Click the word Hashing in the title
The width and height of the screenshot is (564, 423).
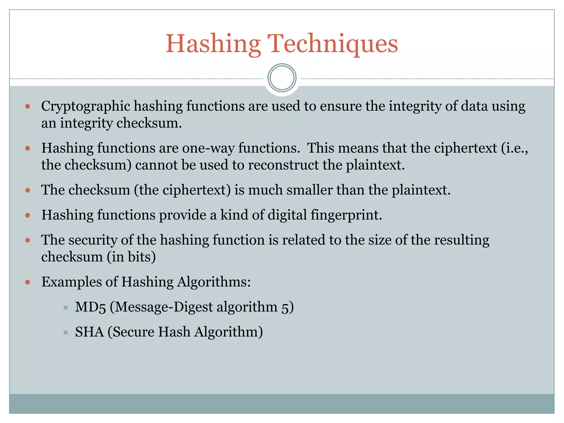click(213, 44)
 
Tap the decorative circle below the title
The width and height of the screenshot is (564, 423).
click(282, 78)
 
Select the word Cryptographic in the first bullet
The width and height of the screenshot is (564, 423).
click(85, 107)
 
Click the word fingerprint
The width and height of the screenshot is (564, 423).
click(346, 215)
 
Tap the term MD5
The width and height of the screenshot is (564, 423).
click(90, 307)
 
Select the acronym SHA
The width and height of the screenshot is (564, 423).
click(90, 332)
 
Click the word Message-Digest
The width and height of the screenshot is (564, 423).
click(164, 307)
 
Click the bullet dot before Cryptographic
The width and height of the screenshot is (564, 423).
click(28, 107)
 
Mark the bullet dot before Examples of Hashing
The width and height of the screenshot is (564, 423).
click(28, 282)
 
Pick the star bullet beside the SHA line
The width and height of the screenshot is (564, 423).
click(66, 333)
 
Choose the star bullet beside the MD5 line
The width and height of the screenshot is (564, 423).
click(66, 308)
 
